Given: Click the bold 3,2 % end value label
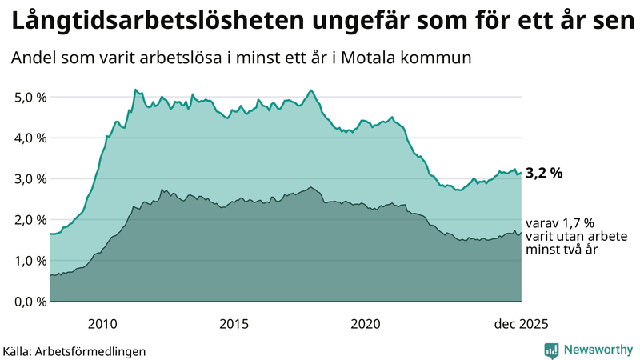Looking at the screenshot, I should (544, 171).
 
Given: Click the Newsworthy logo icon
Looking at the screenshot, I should (551, 350).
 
